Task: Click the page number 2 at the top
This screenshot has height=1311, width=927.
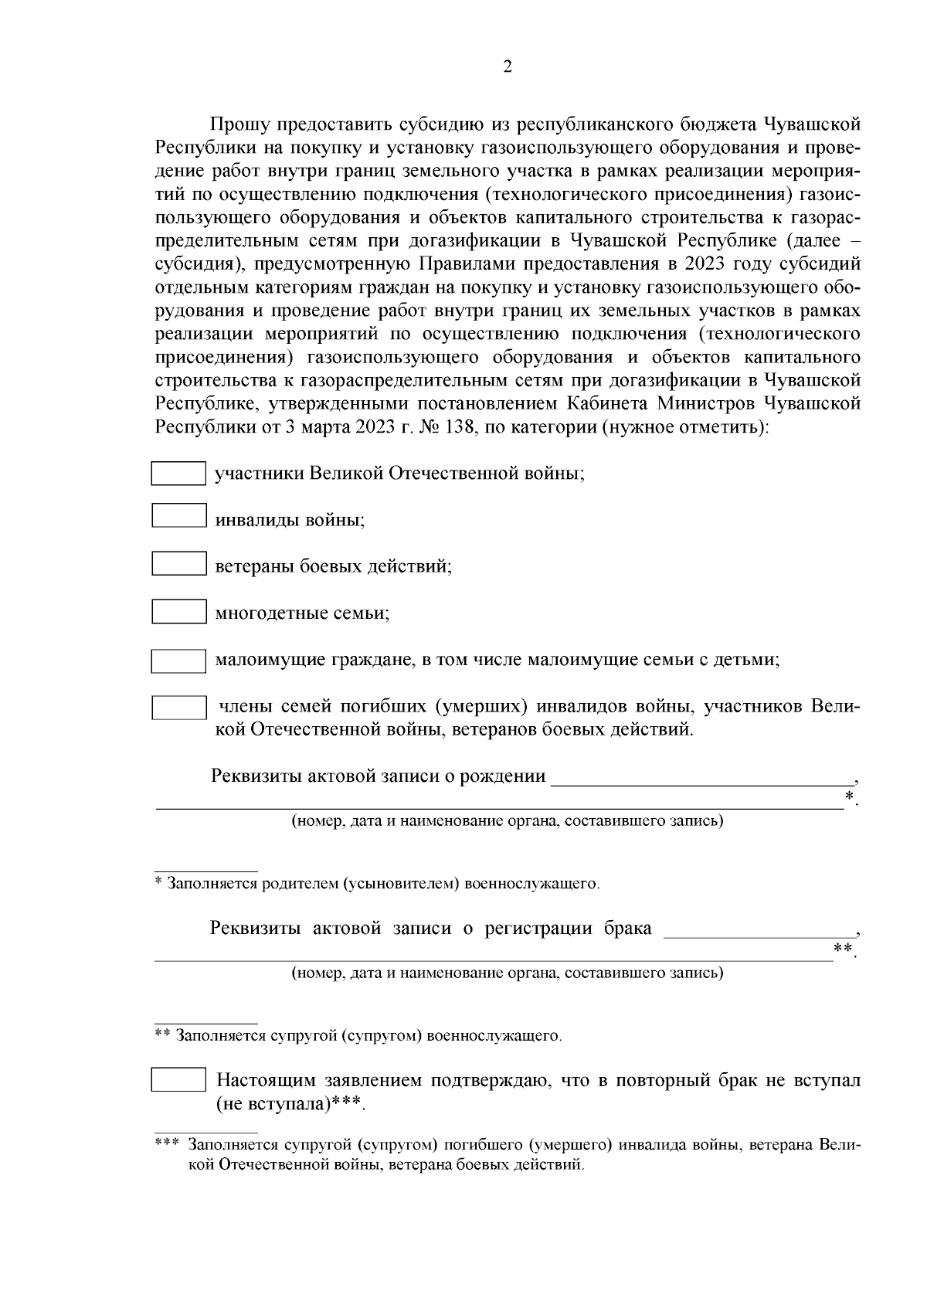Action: pos(507,67)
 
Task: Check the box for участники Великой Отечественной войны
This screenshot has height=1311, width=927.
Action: pos(178,474)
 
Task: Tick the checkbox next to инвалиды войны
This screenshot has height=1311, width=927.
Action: pos(178,515)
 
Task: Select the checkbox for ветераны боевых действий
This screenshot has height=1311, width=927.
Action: pos(178,563)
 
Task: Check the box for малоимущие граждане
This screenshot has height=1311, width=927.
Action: pos(178,661)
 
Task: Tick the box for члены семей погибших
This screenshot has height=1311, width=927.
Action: pos(178,708)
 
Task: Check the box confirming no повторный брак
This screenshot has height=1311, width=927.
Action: pos(178,1080)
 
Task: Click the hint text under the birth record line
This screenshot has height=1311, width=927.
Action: pos(507,821)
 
